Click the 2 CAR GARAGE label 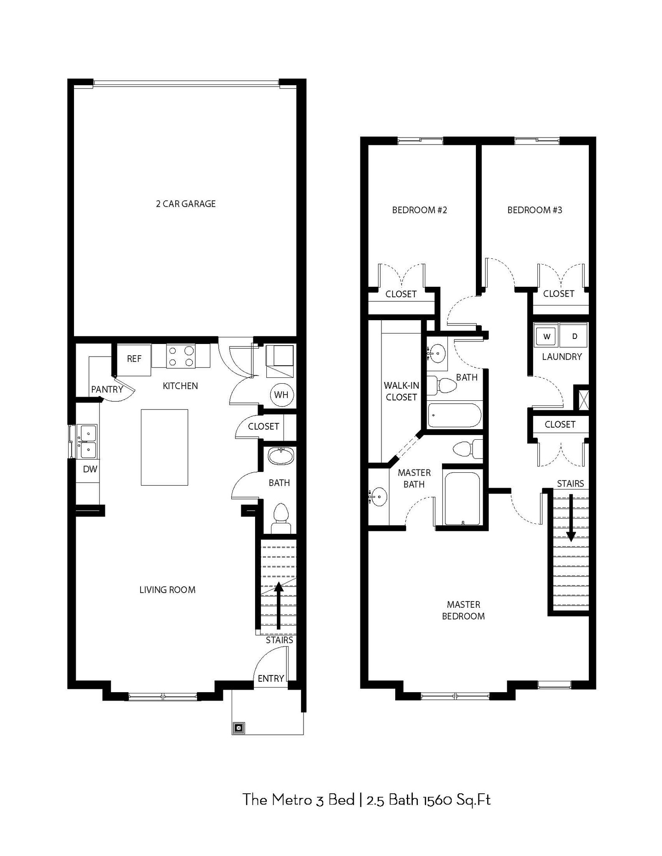186,204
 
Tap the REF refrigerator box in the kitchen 134,359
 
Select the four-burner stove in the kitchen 181,356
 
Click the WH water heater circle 281,395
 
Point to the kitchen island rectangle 164,447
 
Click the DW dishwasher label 90,469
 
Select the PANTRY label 107,390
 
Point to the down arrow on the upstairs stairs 571,518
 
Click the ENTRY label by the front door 271,678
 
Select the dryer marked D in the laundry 575,336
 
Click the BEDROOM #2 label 419,210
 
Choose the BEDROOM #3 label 534,210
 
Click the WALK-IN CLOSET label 401,391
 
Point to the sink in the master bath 379,497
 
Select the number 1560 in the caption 440,800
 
